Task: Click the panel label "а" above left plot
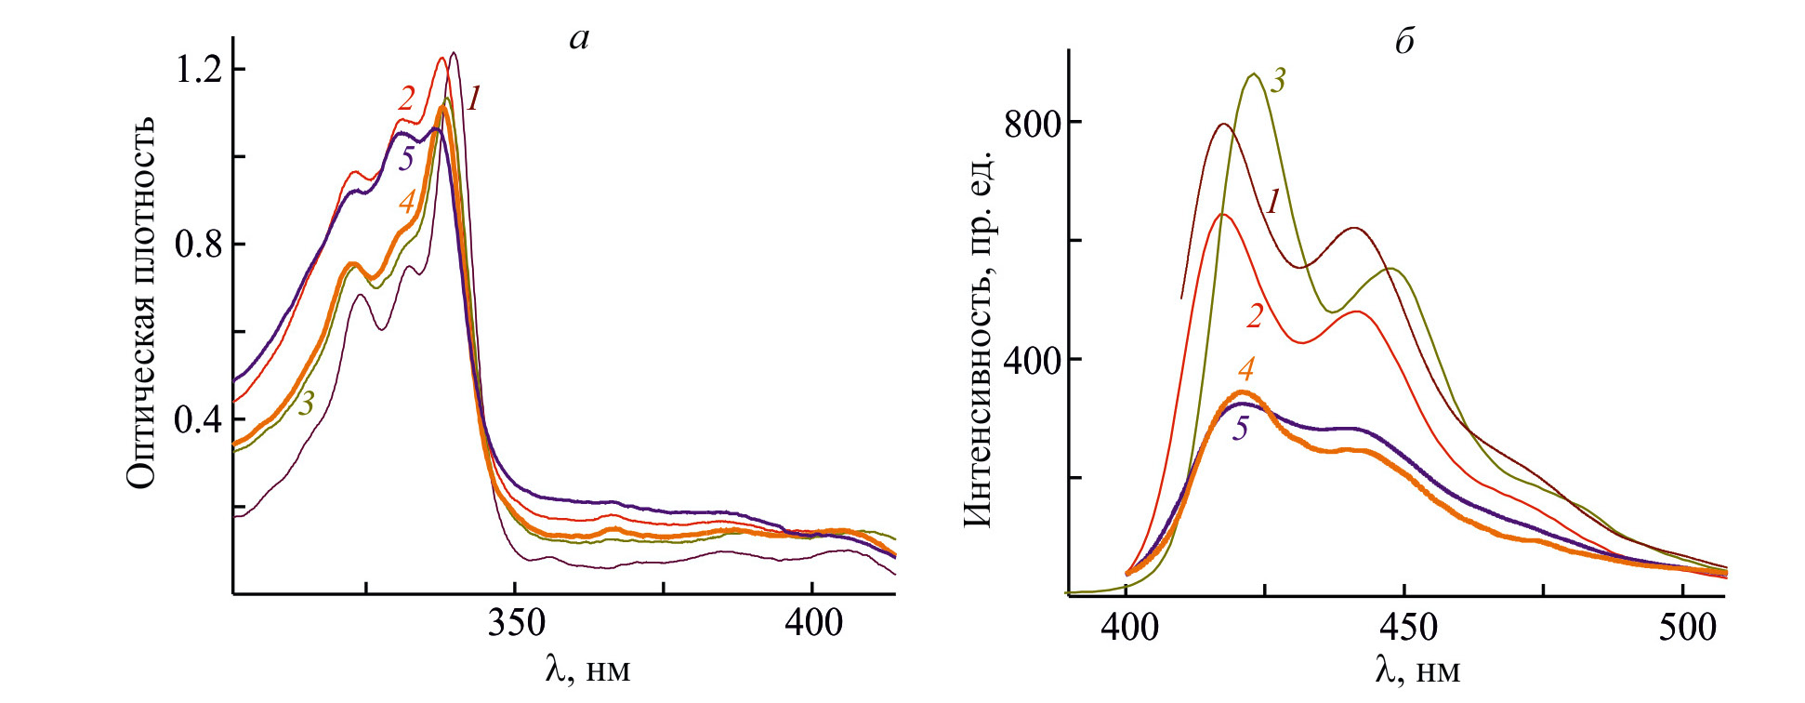pos(580,39)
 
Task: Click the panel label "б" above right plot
pos(1404,42)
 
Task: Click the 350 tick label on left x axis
pos(516,622)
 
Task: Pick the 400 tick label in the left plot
pos(813,622)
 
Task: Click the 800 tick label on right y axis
pos(1033,123)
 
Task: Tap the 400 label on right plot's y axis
pos(1033,360)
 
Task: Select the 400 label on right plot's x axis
pos(1129,628)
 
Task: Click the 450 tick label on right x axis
pos(1407,628)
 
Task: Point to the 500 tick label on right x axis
pos(1687,628)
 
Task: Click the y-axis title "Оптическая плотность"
pos(142,303)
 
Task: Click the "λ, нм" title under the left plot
pos(587,669)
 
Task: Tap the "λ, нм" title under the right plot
pos(1416,670)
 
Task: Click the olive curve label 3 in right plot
pos(1278,81)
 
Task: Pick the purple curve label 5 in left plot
pos(406,158)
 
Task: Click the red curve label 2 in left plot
pos(406,98)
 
